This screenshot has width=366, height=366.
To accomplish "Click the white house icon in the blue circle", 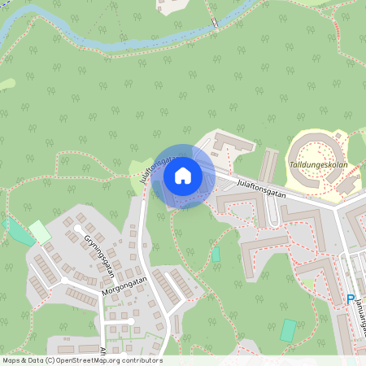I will pyautogui.click(x=183, y=176).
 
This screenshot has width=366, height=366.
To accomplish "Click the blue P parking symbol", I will pyautogui.click(x=351, y=299).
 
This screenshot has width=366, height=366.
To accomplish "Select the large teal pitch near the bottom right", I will pyautogui.click(x=288, y=330).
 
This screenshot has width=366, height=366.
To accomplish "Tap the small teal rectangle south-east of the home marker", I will pyautogui.click(x=216, y=254).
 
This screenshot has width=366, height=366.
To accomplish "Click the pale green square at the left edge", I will pyautogui.click(x=39, y=232).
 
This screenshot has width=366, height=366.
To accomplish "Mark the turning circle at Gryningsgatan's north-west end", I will pyautogui.click(x=67, y=220).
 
